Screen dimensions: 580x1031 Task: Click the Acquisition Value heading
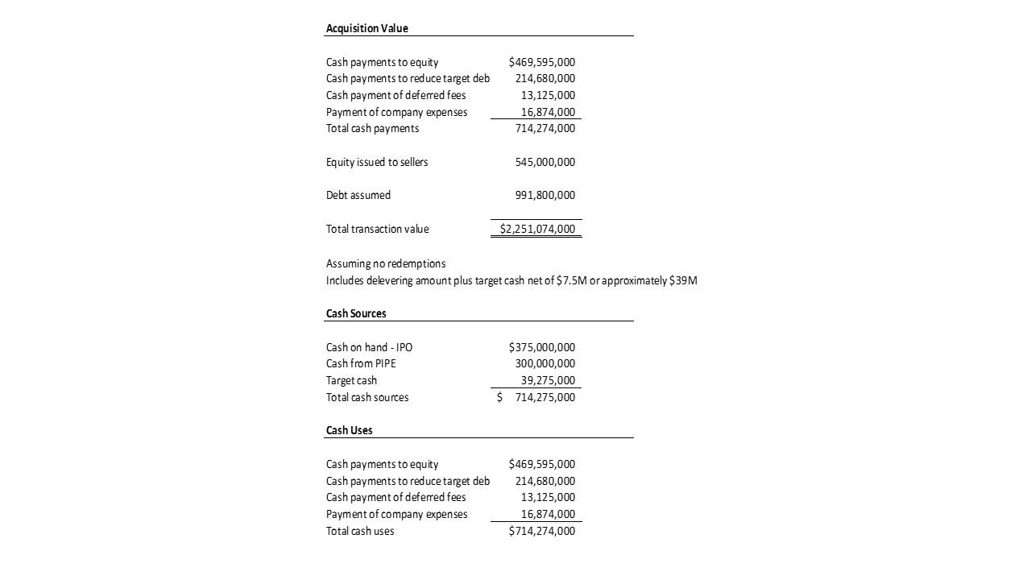pyautogui.click(x=366, y=28)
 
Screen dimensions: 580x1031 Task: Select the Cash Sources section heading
pyautogui.click(x=356, y=313)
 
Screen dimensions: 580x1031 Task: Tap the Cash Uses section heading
pyautogui.click(x=349, y=430)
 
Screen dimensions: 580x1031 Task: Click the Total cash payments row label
pyautogui.click(x=372, y=128)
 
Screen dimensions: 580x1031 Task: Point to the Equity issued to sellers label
pyautogui.click(x=377, y=162)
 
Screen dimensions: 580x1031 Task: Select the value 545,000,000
pyautogui.click(x=544, y=162)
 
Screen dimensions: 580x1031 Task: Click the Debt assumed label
pyautogui.click(x=358, y=195)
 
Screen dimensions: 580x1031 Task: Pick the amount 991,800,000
pyautogui.click(x=544, y=195)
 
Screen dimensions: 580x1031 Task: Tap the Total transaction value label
pyautogui.click(x=377, y=229)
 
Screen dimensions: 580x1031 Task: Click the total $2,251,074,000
pyautogui.click(x=537, y=229)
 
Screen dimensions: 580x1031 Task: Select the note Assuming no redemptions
pyautogui.click(x=385, y=263)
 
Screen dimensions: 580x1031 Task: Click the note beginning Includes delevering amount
pyautogui.click(x=511, y=280)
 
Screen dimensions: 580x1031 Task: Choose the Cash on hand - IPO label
pyautogui.click(x=369, y=347)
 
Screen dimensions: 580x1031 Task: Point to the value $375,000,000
pyautogui.click(x=541, y=347)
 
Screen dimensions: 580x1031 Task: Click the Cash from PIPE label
pyautogui.click(x=361, y=363)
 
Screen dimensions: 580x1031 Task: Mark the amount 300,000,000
pyautogui.click(x=544, y=363)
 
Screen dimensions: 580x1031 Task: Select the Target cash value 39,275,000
pyautogui.click(x=548, y=380)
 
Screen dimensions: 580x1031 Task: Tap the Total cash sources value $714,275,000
pyautogui.click(x=544, y=397)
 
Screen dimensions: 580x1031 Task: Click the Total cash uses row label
pyautogui.click(x=360, y=531)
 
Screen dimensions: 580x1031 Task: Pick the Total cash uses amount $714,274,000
pyautogui.click(x=541, y=531)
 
